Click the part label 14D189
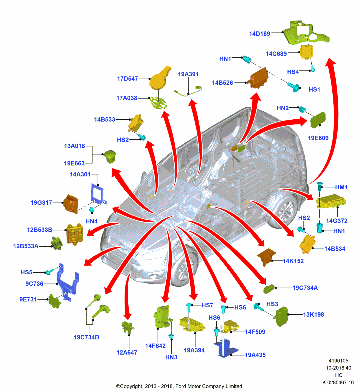[x=259, y=34]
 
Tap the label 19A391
[x=188, y=74]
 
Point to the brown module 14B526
[x=259, y=78]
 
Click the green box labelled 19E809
[x=318, y=120]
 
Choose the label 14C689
[x=276, y=54]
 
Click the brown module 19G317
[x=71, y=204]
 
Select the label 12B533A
[x=26, y=246]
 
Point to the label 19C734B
[x=86, y=337]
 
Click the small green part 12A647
[x=127, y=327]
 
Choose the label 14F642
[x=155, y=346]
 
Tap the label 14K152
[x=293, y=261]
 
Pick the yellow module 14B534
[x=307, y=244]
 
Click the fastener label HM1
[x=341, y=187]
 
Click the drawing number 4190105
[x=338, y=361]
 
